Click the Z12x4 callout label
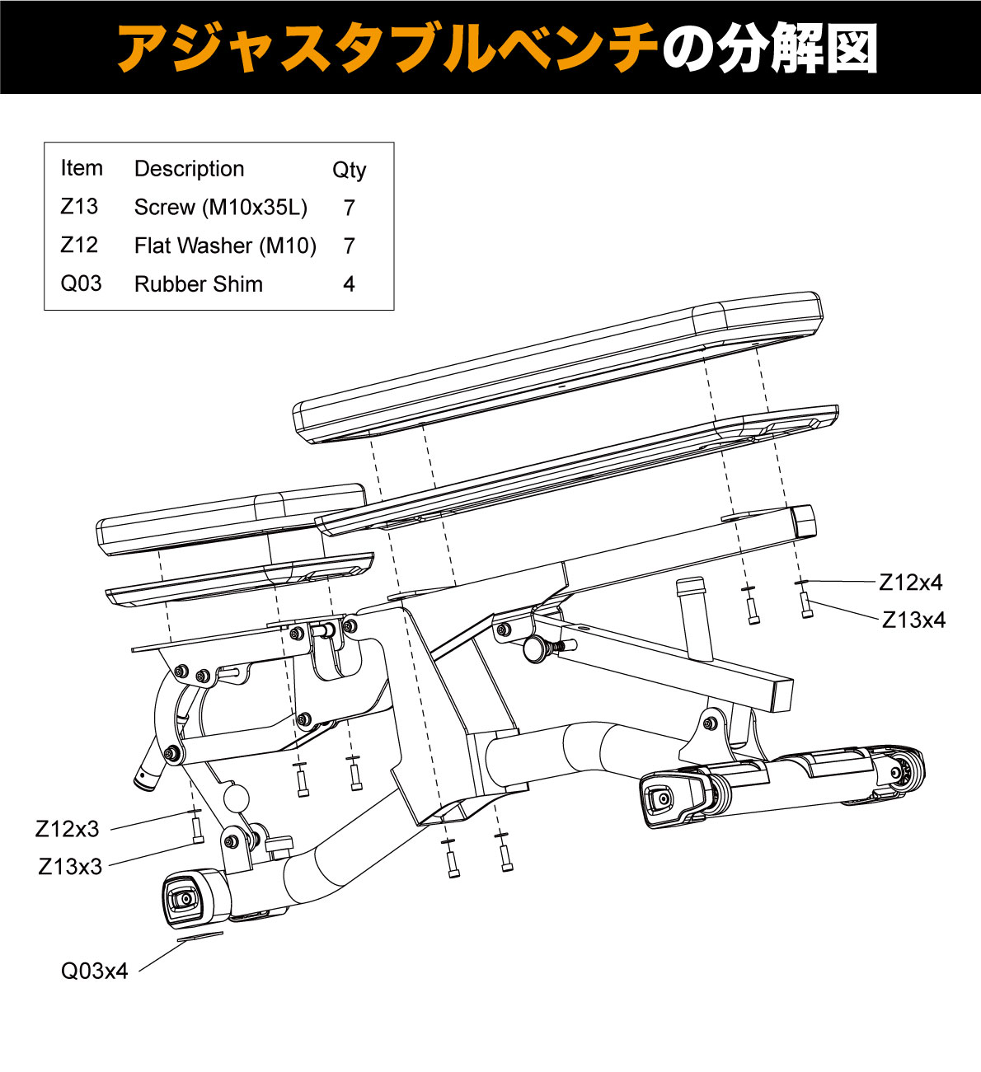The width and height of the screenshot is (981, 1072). pyautogui.click(x=910, y=583)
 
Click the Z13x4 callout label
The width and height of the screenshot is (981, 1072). pyautogui.click(x=913, y=620)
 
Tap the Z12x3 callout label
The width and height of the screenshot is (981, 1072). pyautogui.click(x=67, y=829)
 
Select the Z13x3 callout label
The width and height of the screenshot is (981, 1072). pyautogui.click(x=70, y=867)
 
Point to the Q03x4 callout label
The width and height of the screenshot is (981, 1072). pyautogui.click(x=95, y=971)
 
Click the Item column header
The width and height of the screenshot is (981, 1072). pyautogui.click(x=82, y=168)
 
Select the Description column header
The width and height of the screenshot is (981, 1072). pyautogui.click(x=189, y=169)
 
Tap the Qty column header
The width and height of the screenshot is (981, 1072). pyautogui.click(x=349, y=170)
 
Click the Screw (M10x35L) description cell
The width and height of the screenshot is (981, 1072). pyautogui.click(x=221, y=207)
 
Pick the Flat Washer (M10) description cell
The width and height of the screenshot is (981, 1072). pyautogui.click(x=225, y=246)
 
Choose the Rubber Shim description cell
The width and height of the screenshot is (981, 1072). pyautogui.click(x=199, y=284)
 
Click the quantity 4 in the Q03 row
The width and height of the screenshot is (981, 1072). pyautogui.click(x=349, y=284)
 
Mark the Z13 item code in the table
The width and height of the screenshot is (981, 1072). pyautogui.click(x=79, y=207)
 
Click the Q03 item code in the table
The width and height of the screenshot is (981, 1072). pyautogui.click(x=81, y=284)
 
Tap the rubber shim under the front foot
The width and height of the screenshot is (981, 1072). pyautogui.click(x=199, y=936)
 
